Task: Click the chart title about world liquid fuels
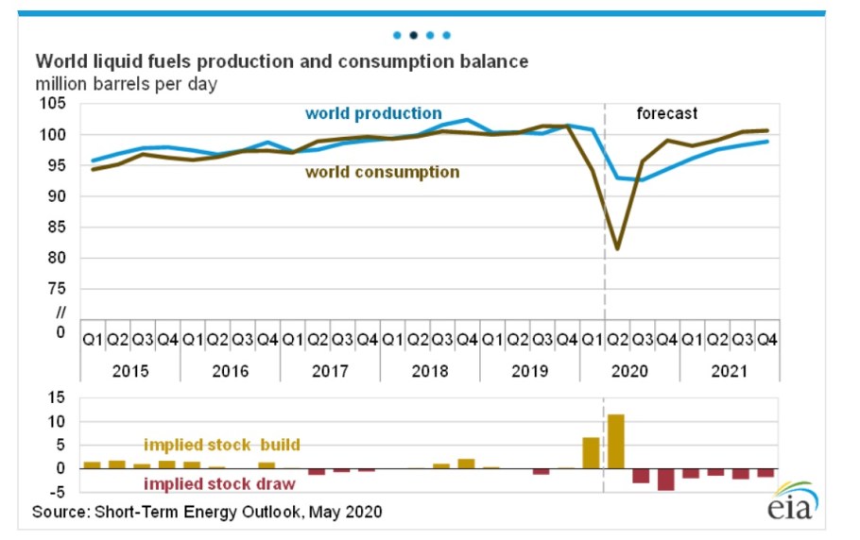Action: (282, 62)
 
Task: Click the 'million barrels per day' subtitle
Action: (127, 84)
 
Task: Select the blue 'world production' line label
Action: (372, 113)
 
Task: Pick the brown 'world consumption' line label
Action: (382, 172)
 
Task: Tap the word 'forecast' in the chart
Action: (666, 113)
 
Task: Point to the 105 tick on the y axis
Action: (56, 104)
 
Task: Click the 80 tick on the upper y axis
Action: (60, 258)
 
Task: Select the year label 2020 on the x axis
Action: (630, 371)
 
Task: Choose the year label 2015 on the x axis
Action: (129, 371)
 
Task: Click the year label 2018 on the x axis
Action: (430, 371)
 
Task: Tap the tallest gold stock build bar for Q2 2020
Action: (616, 441)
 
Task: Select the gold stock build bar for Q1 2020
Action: (592, 452)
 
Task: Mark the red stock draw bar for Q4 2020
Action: (666, 479)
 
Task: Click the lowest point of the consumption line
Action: (617, 249)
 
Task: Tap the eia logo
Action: (797, 500)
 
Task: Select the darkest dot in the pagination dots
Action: (413, 35)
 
